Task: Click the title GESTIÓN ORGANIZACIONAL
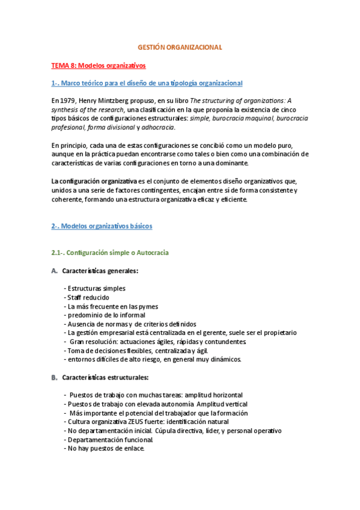180,46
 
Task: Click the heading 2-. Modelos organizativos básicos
102,226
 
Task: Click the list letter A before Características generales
54,271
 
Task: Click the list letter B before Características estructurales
54,377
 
